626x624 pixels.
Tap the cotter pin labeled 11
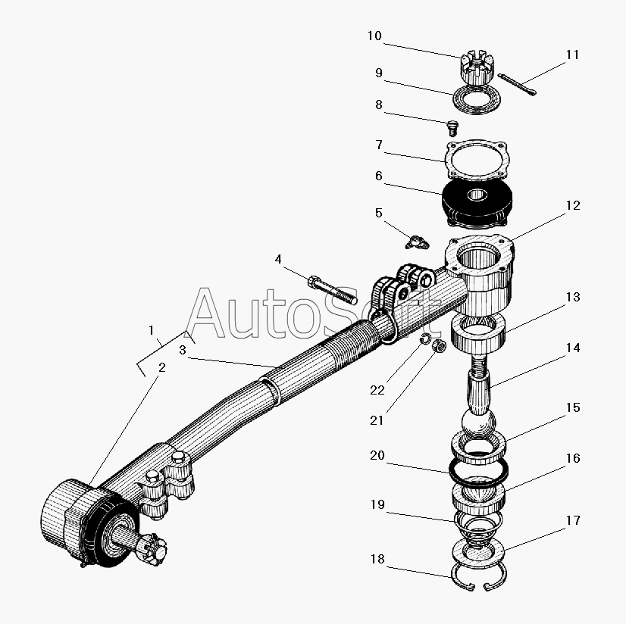pyautogui.click(x=517, y=84)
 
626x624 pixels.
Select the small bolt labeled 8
pyautogui.click(x=452, y=129)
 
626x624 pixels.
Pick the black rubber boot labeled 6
pyautogui.click(x=477, y=204)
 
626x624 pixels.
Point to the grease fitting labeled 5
pyautogui.click(x=417, y=242)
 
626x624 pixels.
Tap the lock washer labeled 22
pyautogui.click(x=427, y=339)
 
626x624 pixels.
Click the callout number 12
pyautogui.click(x=573, y=205)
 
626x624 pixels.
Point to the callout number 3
pyautogui.click(x=183, y=351)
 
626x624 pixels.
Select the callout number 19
pyautogui.click(x=377, y=504)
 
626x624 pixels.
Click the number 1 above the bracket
pyautogui.click(x=151, y=330)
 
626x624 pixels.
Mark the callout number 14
pyautogui.click(x=573, y=348)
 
